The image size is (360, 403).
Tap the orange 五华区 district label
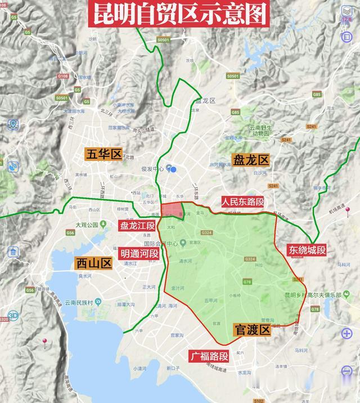[x=104, y=154]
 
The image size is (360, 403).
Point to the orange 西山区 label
[x=94, y=263]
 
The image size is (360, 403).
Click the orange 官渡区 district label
[x=251, y=330]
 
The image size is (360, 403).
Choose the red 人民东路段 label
[x=242, y=201]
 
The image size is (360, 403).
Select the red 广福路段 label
[x=209, y=356]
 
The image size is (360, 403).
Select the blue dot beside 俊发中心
[x=174, y=169]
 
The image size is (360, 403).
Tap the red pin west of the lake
[x=44, y=342]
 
